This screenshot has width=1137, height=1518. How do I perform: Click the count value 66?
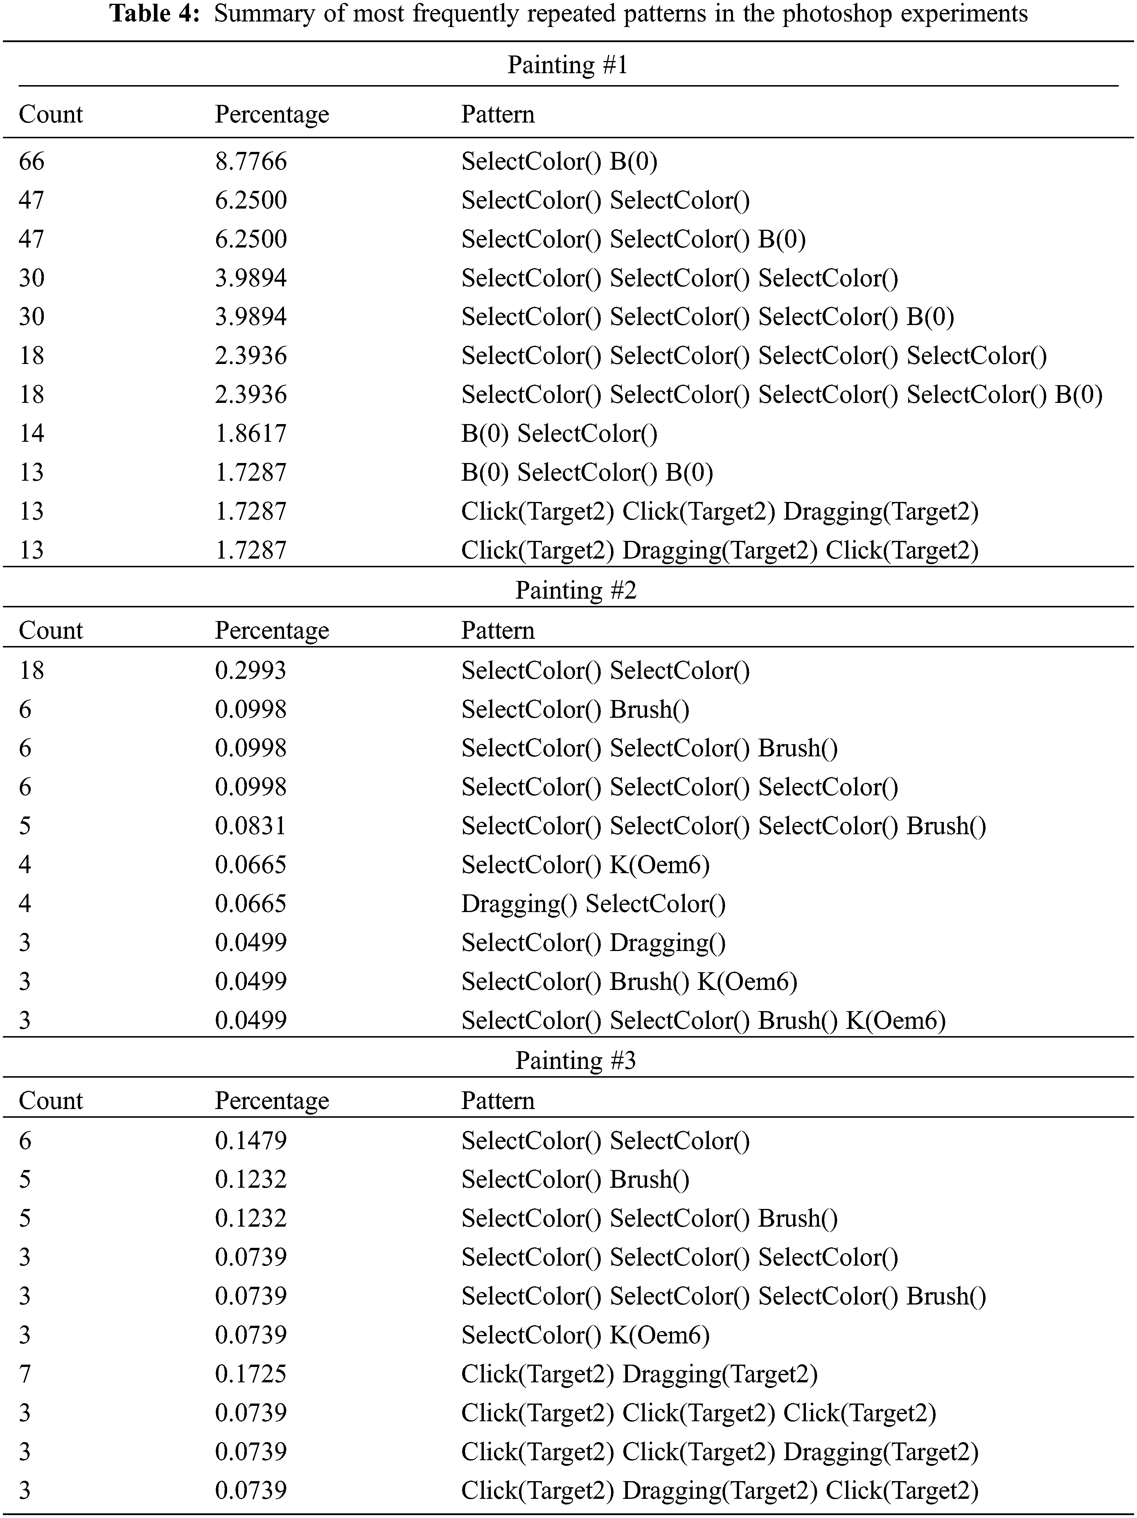coord(32,161)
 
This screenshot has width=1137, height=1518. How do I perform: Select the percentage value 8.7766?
coord(250,161)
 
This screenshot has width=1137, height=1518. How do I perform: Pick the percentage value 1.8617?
coord(250,433)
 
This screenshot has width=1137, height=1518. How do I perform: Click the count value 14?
coord(32,433)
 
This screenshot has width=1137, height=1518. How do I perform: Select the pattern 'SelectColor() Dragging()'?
coord(593,942)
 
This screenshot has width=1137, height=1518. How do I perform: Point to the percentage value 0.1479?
coord(250,1141)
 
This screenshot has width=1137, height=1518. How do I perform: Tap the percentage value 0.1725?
coord(250,1374)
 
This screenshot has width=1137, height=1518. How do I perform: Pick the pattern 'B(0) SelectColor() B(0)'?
coord(587,472)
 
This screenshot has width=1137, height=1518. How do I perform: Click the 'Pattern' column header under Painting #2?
coord(497,630)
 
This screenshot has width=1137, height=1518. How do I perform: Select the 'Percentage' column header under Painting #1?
coord(272,114)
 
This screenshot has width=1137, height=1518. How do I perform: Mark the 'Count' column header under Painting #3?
coord(51,1101)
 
